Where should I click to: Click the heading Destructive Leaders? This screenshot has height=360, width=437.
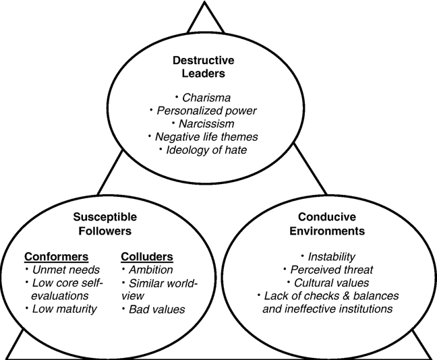[x=204, y=67]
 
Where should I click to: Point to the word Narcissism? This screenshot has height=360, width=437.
[x=206, y=124]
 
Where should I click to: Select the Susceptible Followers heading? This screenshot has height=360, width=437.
[x=105, y=224]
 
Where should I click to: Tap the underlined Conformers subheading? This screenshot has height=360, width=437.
[x=56, y=257]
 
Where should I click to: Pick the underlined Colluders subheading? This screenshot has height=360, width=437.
[x=147, y=257]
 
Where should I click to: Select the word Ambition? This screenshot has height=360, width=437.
[x=151, y=270]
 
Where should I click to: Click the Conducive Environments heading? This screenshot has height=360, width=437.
[x=327, y=224]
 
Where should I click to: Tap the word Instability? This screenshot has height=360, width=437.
[x=331, y=257]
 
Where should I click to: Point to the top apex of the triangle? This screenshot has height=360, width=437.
[x=205, y=1]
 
